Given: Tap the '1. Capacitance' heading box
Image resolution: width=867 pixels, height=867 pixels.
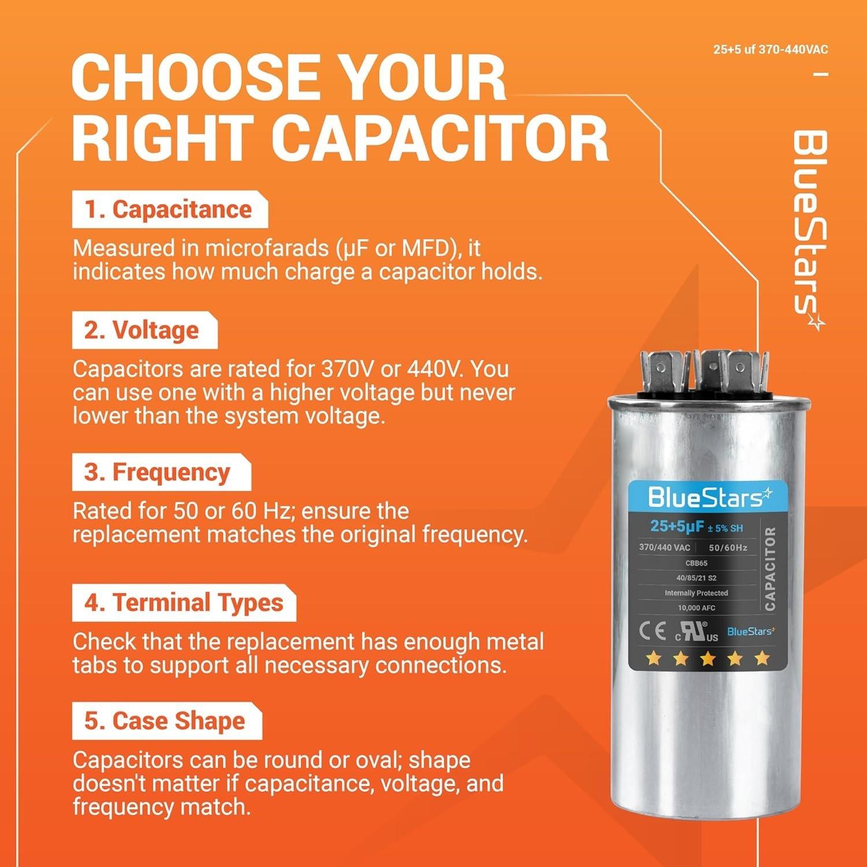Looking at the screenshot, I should [x=169, y=210].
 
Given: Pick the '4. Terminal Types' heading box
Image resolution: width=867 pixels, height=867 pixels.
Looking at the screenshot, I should [x=184, y=603].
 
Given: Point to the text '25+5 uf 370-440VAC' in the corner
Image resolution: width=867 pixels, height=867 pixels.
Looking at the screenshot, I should [x=770, y=50].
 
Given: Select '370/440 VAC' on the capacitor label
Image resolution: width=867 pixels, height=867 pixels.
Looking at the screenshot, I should [x=664, y=547].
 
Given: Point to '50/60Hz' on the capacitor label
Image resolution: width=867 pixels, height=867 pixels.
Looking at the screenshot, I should [x=728, y=547].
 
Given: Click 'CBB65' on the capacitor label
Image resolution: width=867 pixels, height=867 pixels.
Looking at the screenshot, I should [x=696, y=563].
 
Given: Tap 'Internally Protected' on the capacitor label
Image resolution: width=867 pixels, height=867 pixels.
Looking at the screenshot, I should [x=696, y=593].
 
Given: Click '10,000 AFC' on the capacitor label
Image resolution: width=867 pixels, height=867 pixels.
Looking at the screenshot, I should [x=696, y=608].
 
